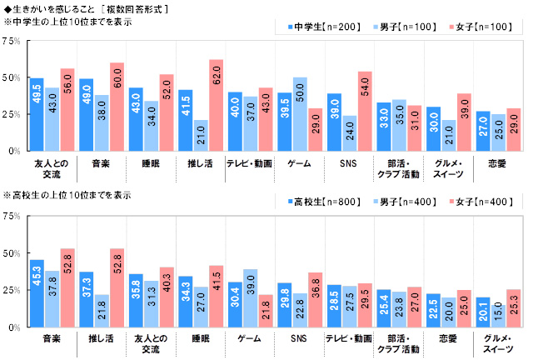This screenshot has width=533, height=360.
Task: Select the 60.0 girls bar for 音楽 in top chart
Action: (117, 107)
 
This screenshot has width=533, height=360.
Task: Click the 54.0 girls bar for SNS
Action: (364, 112)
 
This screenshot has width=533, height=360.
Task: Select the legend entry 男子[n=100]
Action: (404, 27)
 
